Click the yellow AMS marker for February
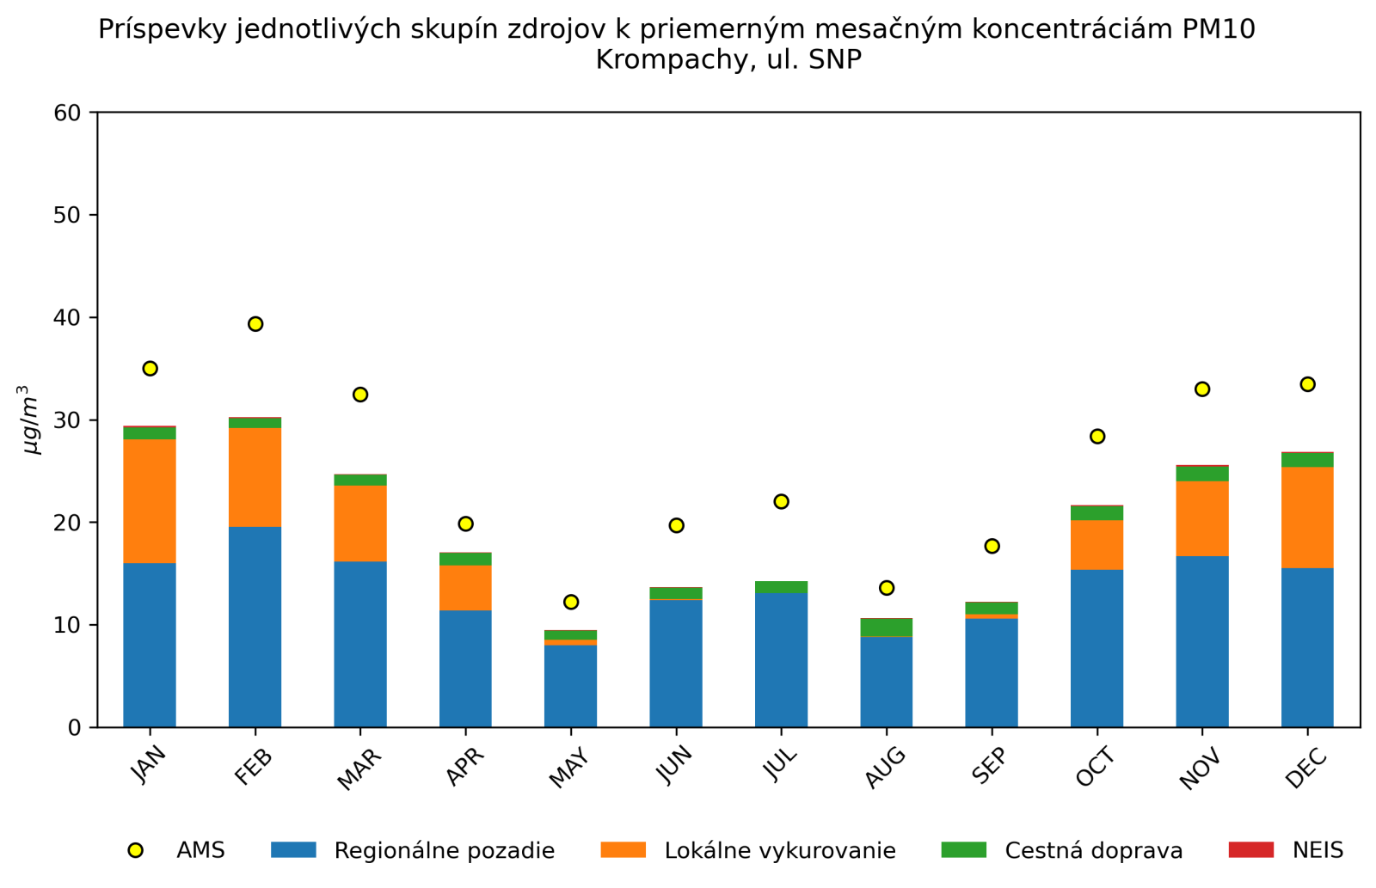[255, 324]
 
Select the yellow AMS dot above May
[571, 602]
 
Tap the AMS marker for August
[887, 588]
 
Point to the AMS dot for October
[1097, 437]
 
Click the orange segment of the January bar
[150, 501]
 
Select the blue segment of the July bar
[781, 660]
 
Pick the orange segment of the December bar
[1307, 517]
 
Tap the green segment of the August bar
[887, 627]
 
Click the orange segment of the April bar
[465, 588]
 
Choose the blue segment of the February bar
[255, 628]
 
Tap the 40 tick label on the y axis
[67, 318]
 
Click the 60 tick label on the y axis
[67, 113]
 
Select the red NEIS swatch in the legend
[1250, 850]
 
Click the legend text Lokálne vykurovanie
[780, 851]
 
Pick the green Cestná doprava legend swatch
[963, 850]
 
